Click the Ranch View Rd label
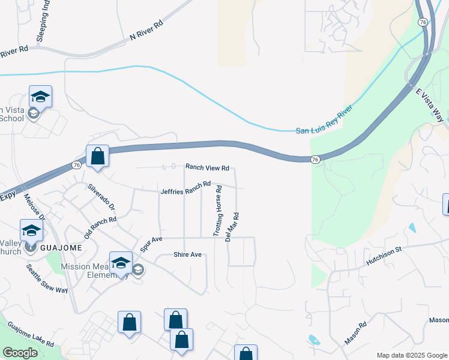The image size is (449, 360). [x=207, y=168]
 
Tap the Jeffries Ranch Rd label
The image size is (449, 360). [x=185, y=188]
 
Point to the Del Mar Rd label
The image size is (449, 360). [x=232, y=227]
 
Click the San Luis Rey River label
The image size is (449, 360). [x=323, y=122]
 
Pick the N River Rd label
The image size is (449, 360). [x=146, y=32]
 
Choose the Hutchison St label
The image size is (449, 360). [x=384, y=257]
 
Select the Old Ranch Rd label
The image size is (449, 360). [x=100, y=228]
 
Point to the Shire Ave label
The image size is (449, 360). [x=187, y=254]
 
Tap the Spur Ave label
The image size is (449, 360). [x=151, y=243]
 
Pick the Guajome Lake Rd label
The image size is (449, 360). [x=31, y=335]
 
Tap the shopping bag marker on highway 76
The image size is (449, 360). [x=97, y=157]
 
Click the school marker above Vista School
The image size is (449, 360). [x=40, y=97]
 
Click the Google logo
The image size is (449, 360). [x=20, y=353]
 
